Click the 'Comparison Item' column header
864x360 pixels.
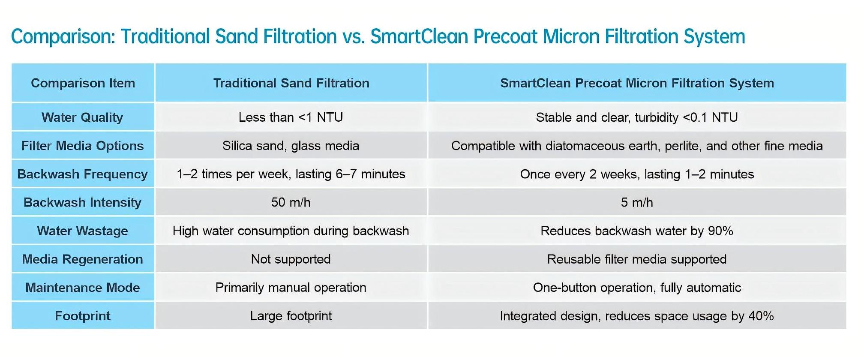(83, 83)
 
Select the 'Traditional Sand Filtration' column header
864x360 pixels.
(291, 83)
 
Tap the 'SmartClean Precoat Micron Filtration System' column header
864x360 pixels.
(637, 83)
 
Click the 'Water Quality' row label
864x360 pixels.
(82, 117)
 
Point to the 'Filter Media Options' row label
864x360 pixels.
(82, 146)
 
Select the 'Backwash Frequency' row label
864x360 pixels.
(82, 174)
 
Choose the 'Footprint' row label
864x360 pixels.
(82, 316)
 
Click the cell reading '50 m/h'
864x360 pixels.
(291, 202)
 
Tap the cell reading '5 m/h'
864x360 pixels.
(637, 202)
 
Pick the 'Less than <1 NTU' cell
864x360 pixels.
(291, 117)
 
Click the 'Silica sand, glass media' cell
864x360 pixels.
(291, 146)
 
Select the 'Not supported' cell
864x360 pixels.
(291, 259)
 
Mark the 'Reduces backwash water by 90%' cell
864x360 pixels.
(637, 231)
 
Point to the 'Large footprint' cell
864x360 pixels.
(291, 316)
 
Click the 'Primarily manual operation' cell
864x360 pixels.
(291, 287)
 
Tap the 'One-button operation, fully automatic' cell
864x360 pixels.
(637, 287)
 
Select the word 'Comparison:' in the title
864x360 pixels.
(63, 37)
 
